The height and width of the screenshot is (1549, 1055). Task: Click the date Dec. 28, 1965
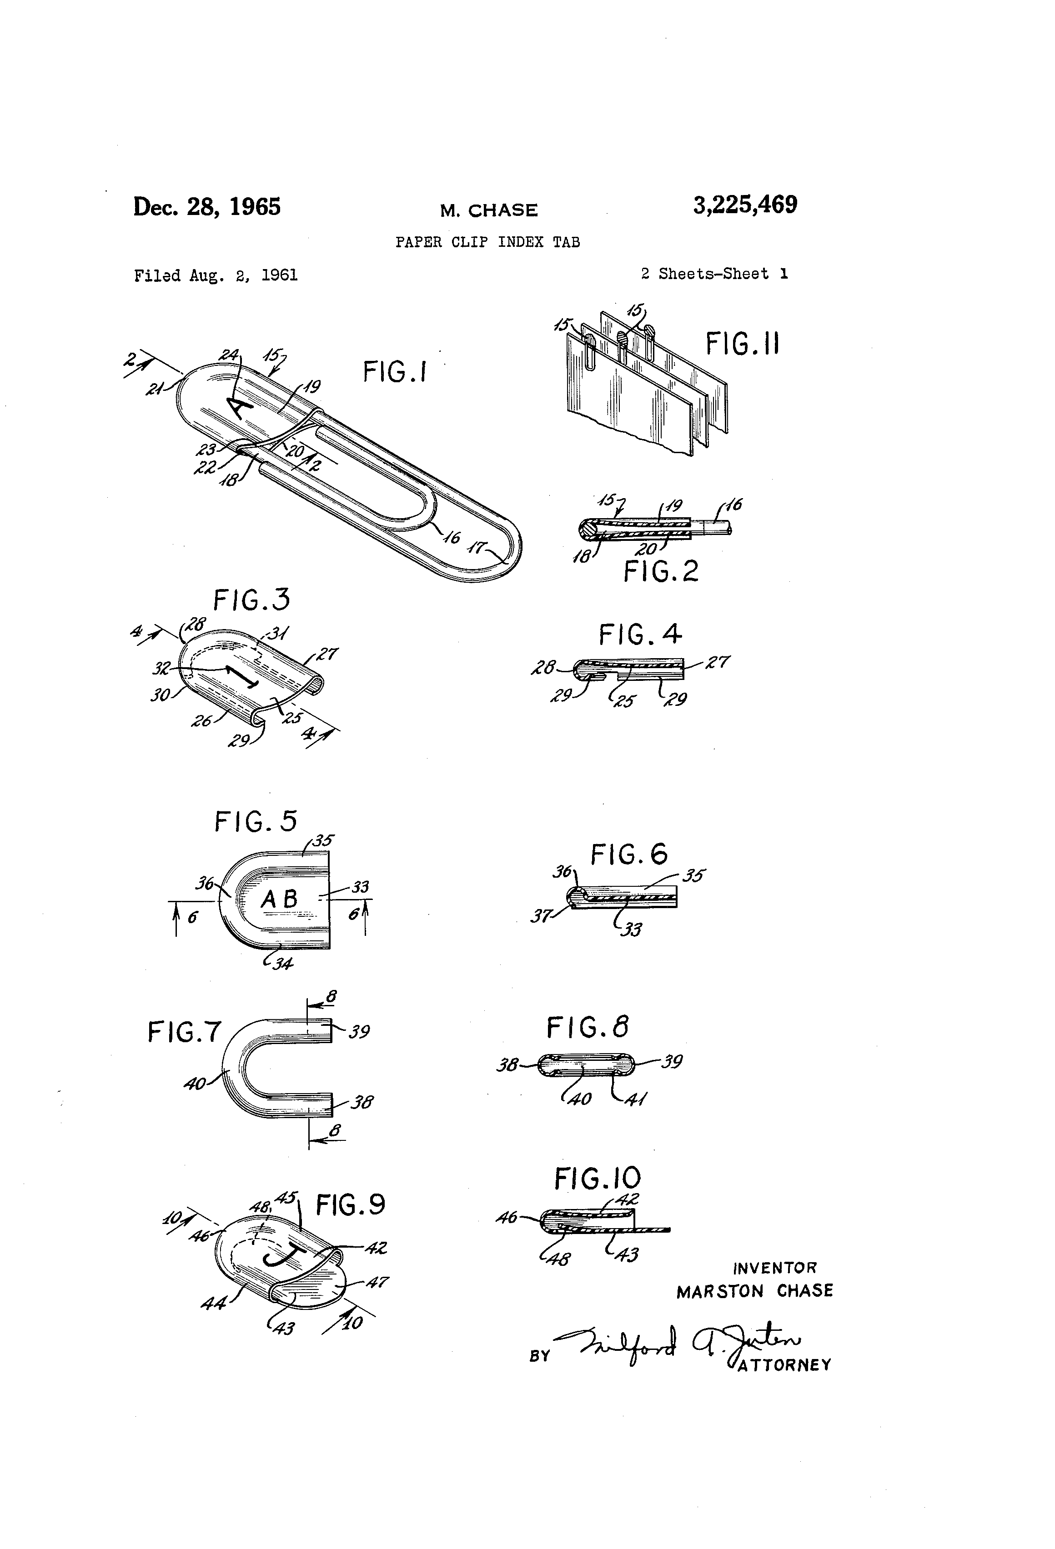click(x=207, y=207)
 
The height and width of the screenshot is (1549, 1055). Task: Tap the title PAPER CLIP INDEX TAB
click(x=487, y=242)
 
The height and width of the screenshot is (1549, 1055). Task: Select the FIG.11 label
click(x=742, y=345)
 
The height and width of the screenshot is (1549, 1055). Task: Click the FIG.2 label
click(x=661, y=571)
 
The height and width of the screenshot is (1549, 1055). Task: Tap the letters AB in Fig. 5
click(x=279, y=899)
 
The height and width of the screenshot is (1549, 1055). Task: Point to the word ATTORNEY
click(x=784, y=1364)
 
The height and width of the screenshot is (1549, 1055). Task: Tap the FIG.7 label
click(x=184, y=1033)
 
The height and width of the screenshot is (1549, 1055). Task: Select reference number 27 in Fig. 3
click(x=328, y=654)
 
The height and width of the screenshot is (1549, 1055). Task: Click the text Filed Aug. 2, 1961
click(x=216, y=275)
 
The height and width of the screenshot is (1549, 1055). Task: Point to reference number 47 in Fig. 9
click(x=377, y=1282)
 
